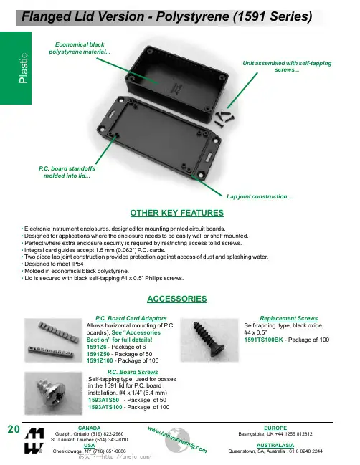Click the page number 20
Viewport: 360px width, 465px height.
14,429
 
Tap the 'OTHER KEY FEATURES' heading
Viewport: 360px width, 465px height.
177,213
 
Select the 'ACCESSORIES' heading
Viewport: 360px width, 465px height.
177,299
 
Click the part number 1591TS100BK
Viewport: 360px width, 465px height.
263,340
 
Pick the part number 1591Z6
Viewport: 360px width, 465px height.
97,347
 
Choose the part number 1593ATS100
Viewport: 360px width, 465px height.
105,407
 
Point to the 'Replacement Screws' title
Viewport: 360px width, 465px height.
289,318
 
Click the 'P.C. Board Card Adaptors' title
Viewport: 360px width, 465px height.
131,318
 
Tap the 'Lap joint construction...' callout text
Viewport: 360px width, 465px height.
259,196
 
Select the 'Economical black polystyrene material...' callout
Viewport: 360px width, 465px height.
80,48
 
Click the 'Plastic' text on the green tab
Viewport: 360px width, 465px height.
23,68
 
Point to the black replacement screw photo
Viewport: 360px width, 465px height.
209,340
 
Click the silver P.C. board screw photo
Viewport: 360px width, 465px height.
53,393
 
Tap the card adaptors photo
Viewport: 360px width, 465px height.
53,340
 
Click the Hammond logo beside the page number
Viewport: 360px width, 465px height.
34,441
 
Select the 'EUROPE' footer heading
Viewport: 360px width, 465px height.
275,428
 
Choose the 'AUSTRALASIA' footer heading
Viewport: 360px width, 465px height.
275,445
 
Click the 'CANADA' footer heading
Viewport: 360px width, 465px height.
90,428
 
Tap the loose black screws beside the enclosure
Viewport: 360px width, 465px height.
224,118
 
